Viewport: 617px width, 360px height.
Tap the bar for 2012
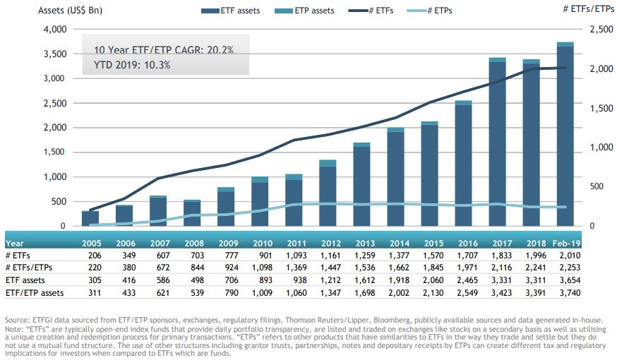click(x=328, y=194)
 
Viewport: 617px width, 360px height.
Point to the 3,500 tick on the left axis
click(x=55, y=54)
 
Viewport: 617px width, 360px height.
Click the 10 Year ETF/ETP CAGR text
click(x=163, y=50)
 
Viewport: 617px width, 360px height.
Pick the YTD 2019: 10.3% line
click(x=131, y=64)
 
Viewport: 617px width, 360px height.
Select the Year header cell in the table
click(x=15, y=242)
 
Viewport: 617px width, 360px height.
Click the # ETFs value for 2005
click(x=90, y=254)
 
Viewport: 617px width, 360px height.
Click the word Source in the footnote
click(x=18, y=320)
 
